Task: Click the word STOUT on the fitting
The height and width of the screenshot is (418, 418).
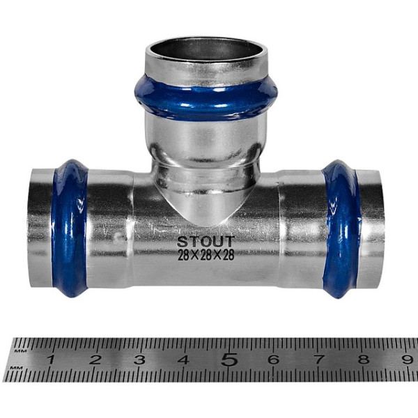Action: click(206, 242)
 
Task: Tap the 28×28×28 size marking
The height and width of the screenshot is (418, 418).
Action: click(206, 256)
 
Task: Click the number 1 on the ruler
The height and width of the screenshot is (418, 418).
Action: click(51, 359)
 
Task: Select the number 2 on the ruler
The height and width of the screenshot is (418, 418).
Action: click(95, 359)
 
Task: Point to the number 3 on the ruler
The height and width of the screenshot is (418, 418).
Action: click(139, 359)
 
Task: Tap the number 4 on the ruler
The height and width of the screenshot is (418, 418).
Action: click(184, 359)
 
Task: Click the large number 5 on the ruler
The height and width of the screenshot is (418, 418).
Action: click(229, 359)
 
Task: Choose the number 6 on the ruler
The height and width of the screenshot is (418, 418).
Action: click(274, 359)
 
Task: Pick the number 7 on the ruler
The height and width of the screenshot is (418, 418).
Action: click(319, 359)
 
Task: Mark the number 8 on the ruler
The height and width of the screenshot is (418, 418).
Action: click(364, 359)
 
